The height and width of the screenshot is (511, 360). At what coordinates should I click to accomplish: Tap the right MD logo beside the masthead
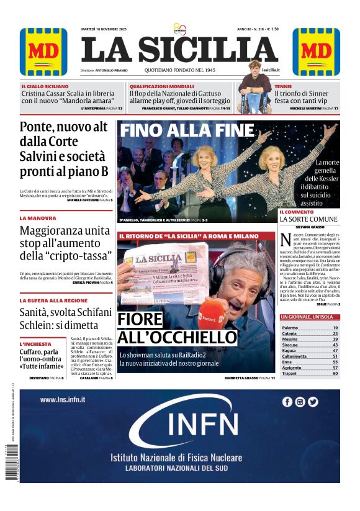[317, 52]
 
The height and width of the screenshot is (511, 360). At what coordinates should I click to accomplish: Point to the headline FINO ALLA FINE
[187, 131]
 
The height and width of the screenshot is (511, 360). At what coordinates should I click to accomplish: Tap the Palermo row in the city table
[309, 327]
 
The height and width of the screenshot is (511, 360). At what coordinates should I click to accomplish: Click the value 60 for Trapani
[335, 374]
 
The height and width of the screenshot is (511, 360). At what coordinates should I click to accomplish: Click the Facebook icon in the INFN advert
[287, 402]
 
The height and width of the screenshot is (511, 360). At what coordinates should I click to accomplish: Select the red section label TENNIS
[283, 86]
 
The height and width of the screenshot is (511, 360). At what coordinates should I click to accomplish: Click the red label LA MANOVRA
[38, 218]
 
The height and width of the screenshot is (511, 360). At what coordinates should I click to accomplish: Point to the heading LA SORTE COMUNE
[308, 220]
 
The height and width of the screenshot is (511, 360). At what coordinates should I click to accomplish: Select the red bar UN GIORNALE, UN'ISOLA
[309, 317]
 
